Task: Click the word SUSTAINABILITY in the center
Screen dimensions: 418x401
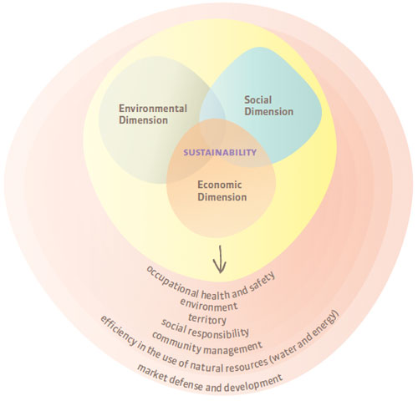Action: [x=220, y=153]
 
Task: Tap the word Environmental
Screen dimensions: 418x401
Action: [x=153, y=109]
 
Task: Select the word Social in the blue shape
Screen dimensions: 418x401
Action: [x=257, y=99]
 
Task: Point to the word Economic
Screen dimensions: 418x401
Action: [x=220, y=185]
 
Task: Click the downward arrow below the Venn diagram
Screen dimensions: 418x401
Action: [x=220, y=259]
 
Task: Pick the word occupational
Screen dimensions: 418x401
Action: [x=173, y=282]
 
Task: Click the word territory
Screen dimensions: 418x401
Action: [x=207, y=319]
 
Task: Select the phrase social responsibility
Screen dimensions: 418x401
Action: [x=205, y=328]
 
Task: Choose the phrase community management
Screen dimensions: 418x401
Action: [x=206, y=343]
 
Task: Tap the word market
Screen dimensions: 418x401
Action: [x=153, y=373]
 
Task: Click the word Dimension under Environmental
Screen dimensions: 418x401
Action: [x=143, y=120]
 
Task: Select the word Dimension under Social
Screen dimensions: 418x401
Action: [x=268, y=112]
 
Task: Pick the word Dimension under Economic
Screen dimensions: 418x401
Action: [x=222, y=197]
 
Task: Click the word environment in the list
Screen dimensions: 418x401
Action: [x=209, y=305]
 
